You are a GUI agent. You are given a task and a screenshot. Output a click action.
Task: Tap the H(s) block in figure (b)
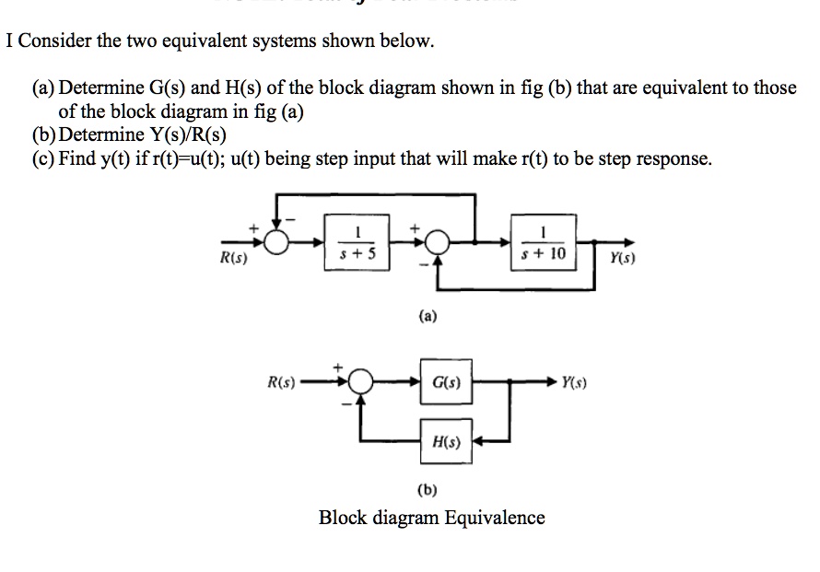pyautogui.click(x=446, y=441)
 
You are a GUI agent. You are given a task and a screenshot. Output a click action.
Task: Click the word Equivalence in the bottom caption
pyautogui.click(x=494, y=518)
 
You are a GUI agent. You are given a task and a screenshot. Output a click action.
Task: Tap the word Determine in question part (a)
pyautogui.click(x=102, y=88)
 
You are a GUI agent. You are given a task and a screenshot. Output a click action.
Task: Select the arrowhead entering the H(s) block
pyautogui.click(x=478, y=441)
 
